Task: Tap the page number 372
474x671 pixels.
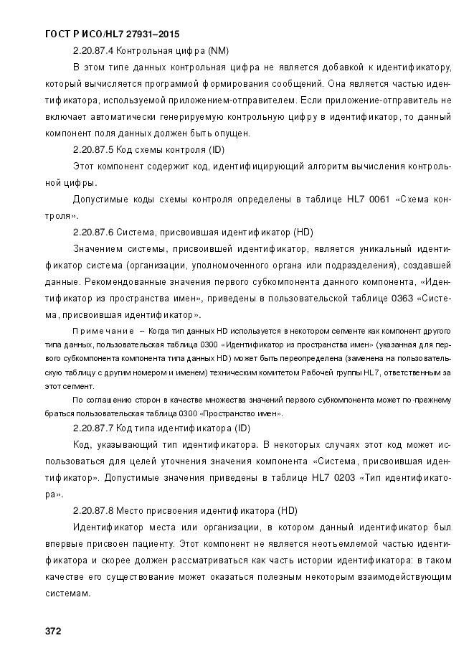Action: click(x=52, y=632)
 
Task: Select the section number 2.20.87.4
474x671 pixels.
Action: click(x=93, y=51)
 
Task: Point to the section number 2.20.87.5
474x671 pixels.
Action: click(x=93, y=150)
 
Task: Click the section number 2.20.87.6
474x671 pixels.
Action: click(x=93, y=233)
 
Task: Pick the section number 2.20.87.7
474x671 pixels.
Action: click(x=93, y=428)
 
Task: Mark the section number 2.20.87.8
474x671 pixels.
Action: click(x=93, y=510)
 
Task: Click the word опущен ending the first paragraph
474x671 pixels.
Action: click(x=231, y=133)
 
